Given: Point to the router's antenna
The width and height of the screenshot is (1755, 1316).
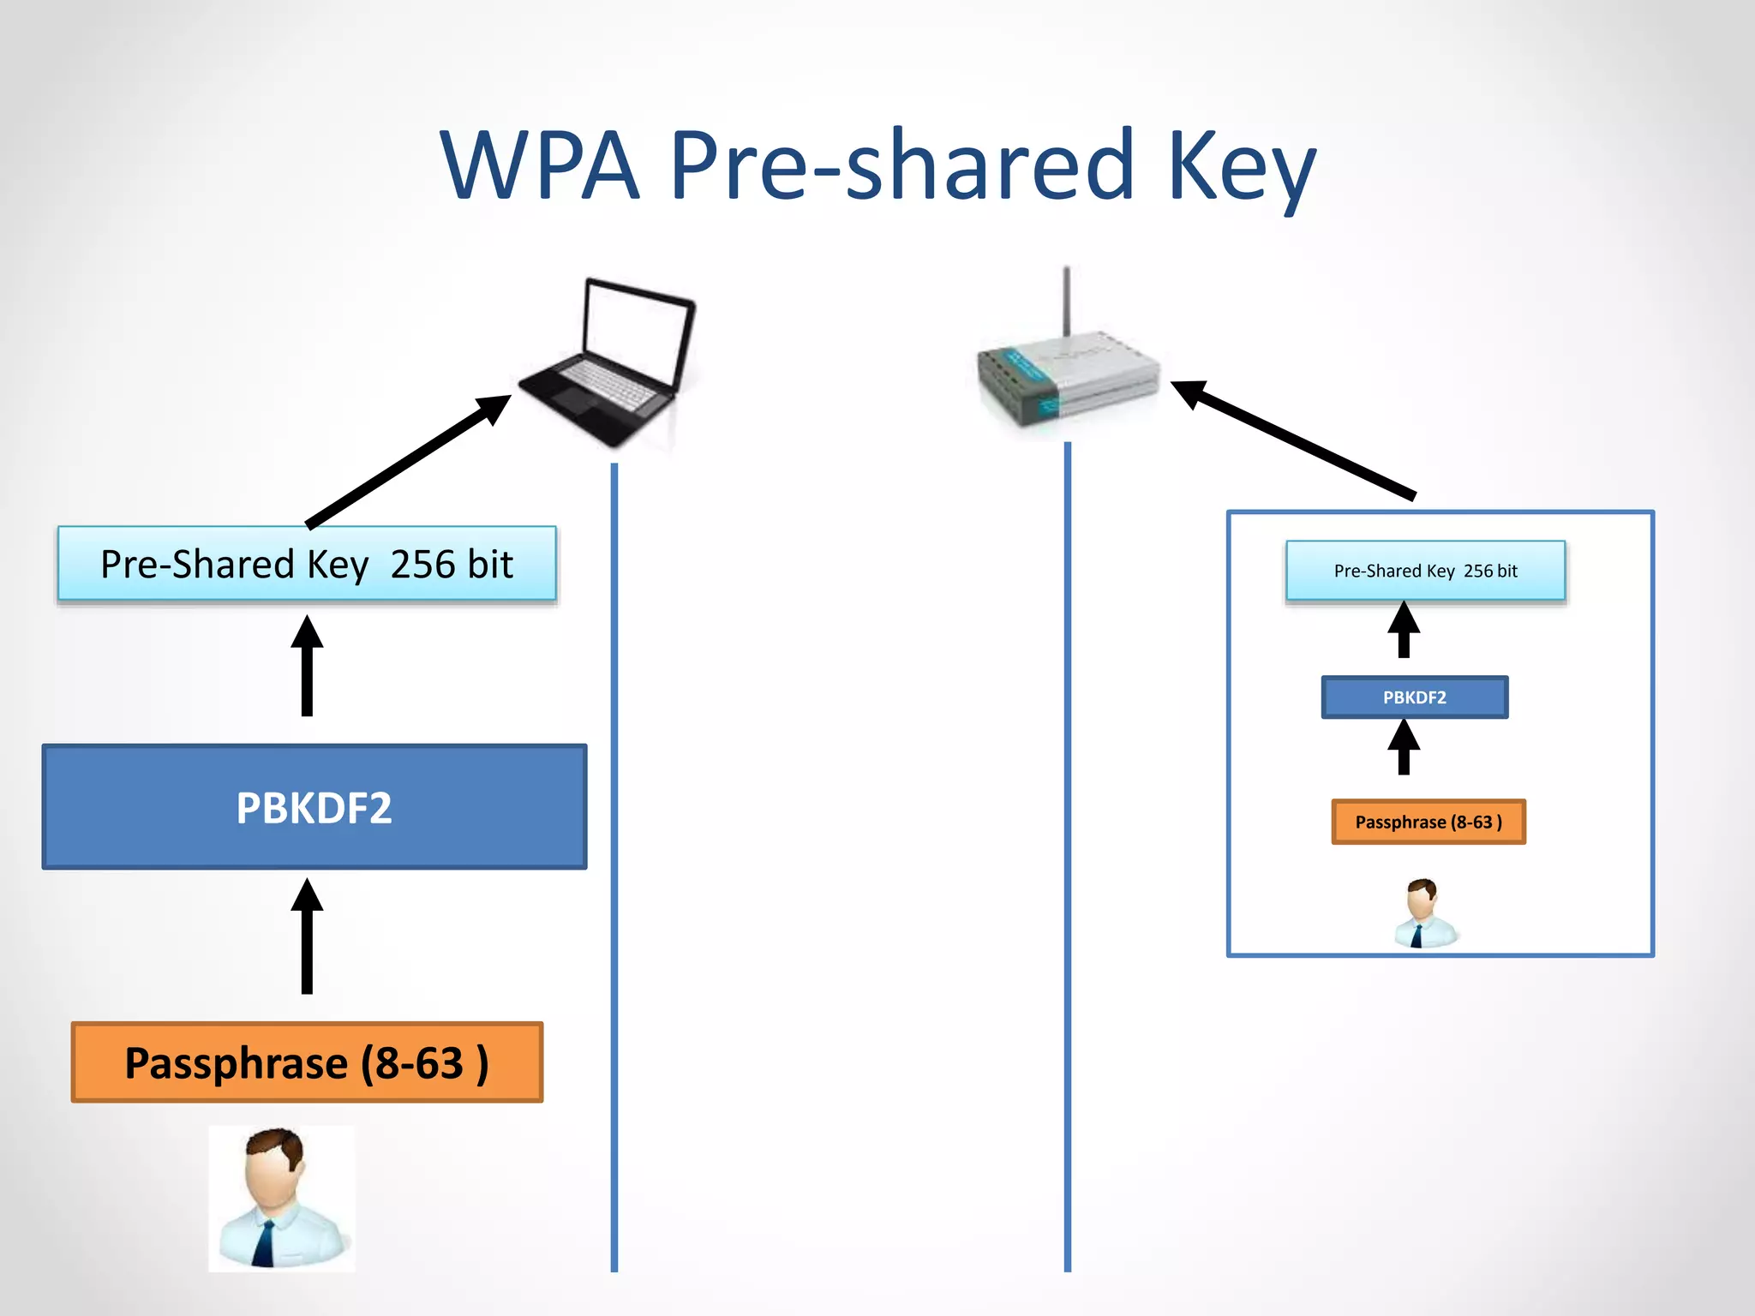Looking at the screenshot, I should pyautogui.click(x=1067, y=300).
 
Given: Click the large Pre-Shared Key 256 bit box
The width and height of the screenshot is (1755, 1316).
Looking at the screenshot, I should pyautogui.click(x=307, y=564).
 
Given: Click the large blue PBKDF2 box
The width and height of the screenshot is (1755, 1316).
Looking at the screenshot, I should pyautogui.click(x=314, y=807).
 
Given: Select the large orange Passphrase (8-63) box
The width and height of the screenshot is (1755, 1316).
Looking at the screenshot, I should pyautogui.click(x=307, y=1062).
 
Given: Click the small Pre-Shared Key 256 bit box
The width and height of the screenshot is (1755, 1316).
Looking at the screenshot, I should pyautogui.click(x=1425, y=571).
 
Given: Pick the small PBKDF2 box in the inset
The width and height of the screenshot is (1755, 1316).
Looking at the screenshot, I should pyautogui.click(x=1415, y=697).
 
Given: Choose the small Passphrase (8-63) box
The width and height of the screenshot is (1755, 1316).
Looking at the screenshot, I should pyautogui.click(x=1429, y=822).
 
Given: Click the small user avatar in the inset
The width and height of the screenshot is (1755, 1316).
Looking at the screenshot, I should pyautogui.click(x=1423, y=913).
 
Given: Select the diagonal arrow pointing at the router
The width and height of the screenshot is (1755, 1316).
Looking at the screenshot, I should pyautogui.click(x=1294, y=440).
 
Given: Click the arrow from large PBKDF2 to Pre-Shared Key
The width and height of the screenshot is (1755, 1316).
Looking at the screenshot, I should pyautogui.click(x=307, y=668).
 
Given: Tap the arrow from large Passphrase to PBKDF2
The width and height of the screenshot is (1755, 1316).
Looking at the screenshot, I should pyautogui.click(x=307, y=938).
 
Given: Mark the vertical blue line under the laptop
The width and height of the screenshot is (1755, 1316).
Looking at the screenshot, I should pyautogui.click(x=614, y=857).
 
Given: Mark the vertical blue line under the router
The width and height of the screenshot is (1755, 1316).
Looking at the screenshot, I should pyautogui.click(x=1068, y=857).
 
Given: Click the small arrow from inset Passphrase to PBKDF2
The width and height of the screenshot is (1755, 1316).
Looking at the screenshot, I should pyautogui.click(x=1404, y=748).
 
